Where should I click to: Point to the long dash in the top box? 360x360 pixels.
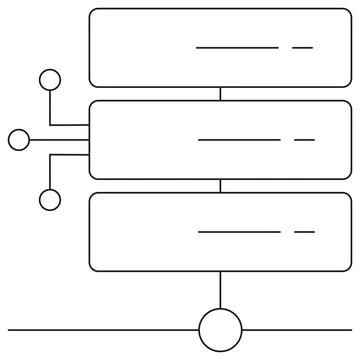tap(237, 47)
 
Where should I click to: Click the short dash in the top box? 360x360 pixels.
tap(302, 47)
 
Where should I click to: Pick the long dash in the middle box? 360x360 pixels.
tap(239, 139)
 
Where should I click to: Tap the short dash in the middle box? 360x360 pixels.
tap(304, 139)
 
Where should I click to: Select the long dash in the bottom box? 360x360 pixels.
tap(239, 231)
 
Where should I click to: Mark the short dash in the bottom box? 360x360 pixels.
tap(304, 231)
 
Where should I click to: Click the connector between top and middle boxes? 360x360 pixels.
tap(220, 94)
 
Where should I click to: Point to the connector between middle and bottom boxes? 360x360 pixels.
tap(220, 186)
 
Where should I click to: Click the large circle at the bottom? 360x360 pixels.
tap(220, 330)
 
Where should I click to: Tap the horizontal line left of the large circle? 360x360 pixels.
tap(100, 330)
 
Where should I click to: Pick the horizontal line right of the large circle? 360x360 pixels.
tap(298, 330)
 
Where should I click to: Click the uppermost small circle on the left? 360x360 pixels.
tap(49, 80)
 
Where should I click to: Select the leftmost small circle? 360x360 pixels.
tap(19, 140)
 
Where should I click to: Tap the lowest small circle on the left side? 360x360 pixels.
tap(49, 200)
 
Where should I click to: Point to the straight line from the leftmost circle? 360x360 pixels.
tap(60, 140)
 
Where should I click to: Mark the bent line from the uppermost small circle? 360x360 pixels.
tap(50, 110)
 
